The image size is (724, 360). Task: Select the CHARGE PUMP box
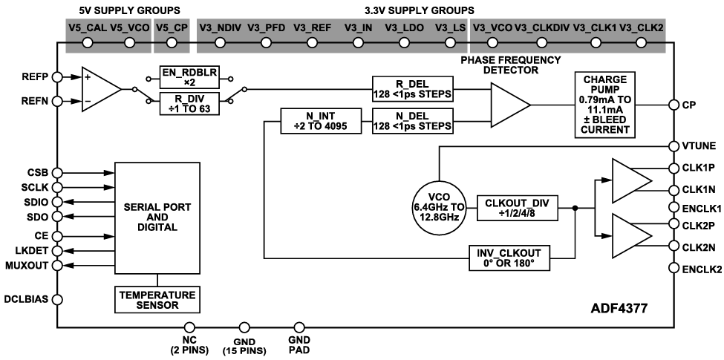tap(605, 104)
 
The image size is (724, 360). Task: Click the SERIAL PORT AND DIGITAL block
tap(157, 216)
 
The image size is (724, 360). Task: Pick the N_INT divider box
tap(322, 120)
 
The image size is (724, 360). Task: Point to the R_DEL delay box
tap(413, 88)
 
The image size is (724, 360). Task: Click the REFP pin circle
tap(56, 76)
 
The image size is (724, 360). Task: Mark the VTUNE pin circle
tap(674, 145)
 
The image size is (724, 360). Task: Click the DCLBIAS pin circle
tap(56, 300)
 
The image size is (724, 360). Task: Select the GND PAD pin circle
tap(300, 326)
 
